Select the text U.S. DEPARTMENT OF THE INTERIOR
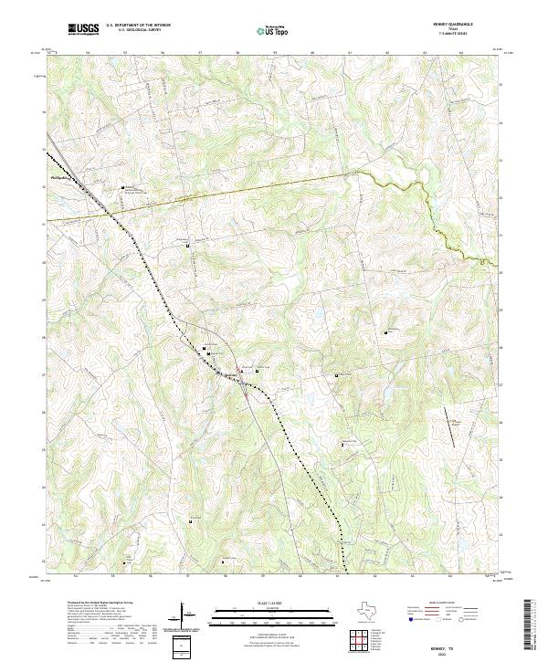[138, 26]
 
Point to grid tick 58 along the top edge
[237, 53]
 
